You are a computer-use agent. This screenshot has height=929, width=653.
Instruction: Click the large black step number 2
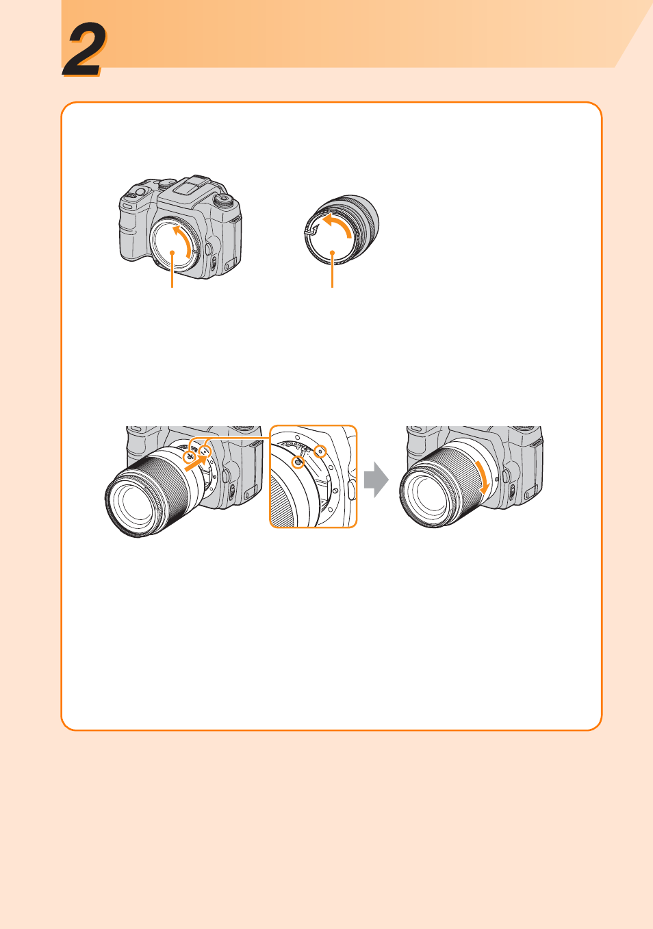84,50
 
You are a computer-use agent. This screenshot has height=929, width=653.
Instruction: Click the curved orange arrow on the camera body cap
185,240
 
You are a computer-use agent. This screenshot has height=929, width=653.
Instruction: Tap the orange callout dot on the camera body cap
172,252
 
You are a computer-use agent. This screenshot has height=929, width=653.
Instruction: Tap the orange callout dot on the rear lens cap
332,252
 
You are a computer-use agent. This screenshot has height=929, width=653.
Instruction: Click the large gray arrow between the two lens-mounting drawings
376,480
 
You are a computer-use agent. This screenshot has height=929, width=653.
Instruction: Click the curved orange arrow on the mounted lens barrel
483,477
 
